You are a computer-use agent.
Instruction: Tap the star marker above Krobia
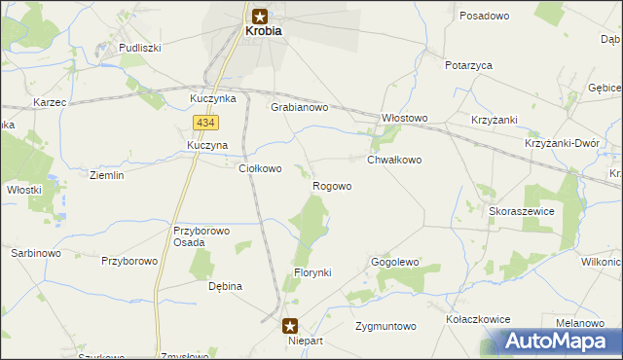coord(261,15)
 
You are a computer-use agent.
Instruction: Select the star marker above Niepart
coord(290,326)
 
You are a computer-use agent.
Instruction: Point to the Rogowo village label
coord(332,186)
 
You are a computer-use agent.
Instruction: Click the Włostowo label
coord(404,119)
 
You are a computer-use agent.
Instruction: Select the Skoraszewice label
coord(523,211)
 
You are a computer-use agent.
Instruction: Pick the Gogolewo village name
coord(394,263)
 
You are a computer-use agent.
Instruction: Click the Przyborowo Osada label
coord(201,237)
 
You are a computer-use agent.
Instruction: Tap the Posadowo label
coord(485,17)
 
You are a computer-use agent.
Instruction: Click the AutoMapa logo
coord(559,341)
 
